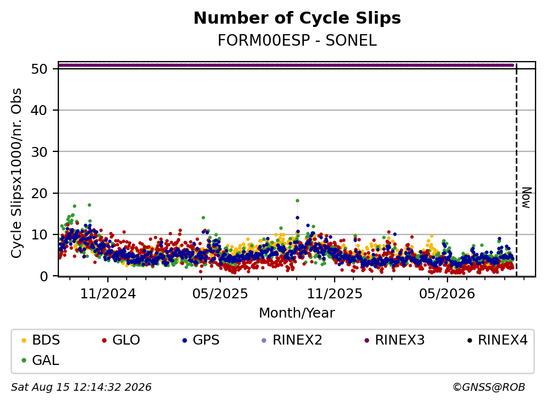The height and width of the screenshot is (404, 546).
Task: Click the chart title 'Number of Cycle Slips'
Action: pos(297,18)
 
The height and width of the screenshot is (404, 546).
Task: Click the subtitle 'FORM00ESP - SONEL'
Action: pos(297,40)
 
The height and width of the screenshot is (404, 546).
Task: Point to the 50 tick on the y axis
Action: pos(39,69)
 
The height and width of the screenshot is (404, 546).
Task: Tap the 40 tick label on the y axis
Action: pos(39,111)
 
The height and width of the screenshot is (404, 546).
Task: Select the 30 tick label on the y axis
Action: pos(39,152)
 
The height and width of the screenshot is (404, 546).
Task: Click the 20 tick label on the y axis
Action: pos(39,193)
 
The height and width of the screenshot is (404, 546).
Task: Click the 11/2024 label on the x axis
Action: pos(108,294)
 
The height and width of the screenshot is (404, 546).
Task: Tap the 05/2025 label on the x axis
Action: pos(220,294)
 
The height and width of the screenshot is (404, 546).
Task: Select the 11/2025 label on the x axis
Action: pos(334,294)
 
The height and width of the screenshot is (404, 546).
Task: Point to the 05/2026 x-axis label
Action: pos(447,294)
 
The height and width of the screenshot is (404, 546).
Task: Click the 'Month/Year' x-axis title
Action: pos(297,313)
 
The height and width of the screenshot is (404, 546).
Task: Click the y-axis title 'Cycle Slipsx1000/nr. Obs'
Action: pos(17,173)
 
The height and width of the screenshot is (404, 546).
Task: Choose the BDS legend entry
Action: pos(41,340)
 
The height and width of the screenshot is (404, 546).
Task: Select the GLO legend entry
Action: pos(121,340)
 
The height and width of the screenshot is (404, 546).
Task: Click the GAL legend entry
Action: pos(40,360)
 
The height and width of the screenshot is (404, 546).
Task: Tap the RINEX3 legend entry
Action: pos(395,340)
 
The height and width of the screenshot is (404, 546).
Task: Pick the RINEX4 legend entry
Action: pos(497,340)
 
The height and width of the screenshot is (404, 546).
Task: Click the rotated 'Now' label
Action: pos(527,198)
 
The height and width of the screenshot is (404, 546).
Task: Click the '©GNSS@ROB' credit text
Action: pos(489,387)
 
